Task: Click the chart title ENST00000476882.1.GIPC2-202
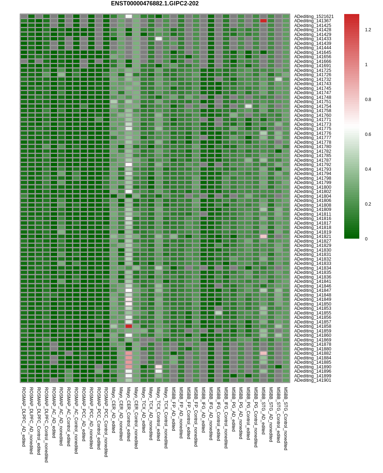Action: click(154, 4)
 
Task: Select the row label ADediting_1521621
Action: click(314, 17)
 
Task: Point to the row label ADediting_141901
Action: click(313, 380)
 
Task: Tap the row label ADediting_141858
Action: click(313, 326)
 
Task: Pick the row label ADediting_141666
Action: click(313, 61)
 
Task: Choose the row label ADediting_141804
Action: click(313, 196)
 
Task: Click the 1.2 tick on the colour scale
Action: click(368, 30)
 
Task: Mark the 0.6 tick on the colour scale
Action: click(368, 134)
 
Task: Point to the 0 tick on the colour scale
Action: click(366, 239)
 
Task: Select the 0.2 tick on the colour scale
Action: click(368, 204)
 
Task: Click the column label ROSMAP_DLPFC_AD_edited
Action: click(24, 417)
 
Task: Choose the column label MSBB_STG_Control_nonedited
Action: click(286, 418)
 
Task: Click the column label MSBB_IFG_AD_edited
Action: click(203, 409)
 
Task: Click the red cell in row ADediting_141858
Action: click(129, 326)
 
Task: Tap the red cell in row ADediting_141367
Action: click(263, 21)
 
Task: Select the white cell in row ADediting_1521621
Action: click(129, 16)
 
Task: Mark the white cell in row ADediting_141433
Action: click(158, 39)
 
